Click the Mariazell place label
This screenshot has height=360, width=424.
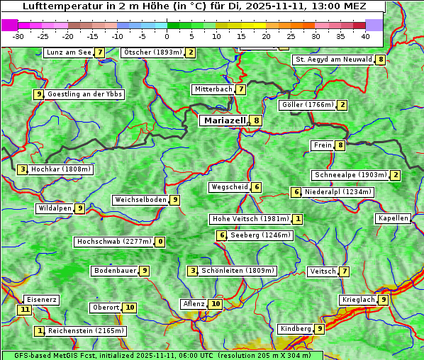[x=223, y=120]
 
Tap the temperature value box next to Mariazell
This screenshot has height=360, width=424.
[x=256, y=120]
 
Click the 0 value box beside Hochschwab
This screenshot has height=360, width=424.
[x=160, y=242]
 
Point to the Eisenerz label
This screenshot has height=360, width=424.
[x=41, y=300]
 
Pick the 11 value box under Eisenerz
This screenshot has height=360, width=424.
[x=25, y=310]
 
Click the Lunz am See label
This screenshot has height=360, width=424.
[x=69, y=52]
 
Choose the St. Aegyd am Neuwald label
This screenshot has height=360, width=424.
[x=333, y=60]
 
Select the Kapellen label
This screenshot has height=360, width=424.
[x=393, y=218]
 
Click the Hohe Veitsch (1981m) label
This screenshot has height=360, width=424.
[x=251, y=219]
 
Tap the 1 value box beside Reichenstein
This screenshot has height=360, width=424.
[x=40, y=331]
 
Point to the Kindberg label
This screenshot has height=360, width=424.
[x=296, y=329]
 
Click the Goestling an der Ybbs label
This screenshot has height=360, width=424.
[x=84, y=94]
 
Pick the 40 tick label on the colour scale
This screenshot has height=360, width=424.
[x=365, y=35]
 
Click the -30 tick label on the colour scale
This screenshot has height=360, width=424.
[x=18, y=35]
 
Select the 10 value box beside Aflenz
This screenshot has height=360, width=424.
[x=216, y=304]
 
